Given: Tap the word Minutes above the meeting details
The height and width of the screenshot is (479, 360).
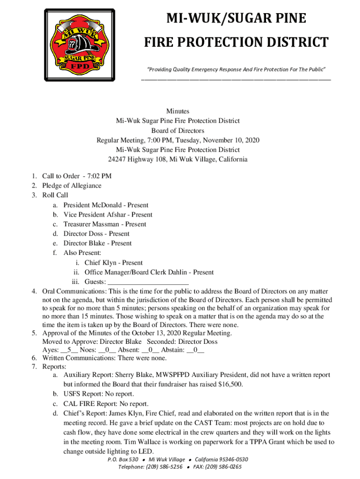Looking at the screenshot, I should click(x=178, y=111).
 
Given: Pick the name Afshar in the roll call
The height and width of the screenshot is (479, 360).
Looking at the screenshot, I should click(x=116, y=215).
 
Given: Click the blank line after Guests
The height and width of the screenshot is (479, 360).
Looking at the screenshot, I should click(x=148, y=282).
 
